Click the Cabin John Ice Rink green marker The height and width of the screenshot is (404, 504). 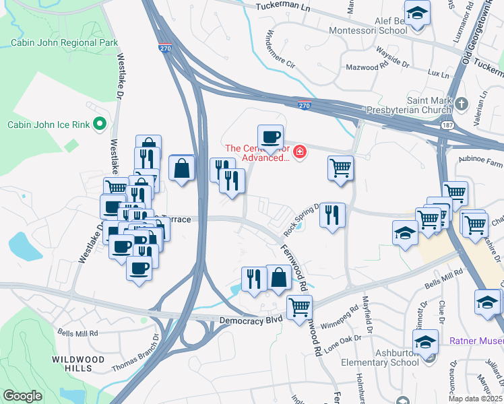[x=100, y=123]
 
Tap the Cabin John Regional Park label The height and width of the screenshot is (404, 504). [x=64, y=42]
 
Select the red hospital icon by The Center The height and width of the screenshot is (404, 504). [x=299, y=153]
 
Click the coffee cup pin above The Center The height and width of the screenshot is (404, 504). [x=270, y=137]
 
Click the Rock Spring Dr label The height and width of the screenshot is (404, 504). [x=300, y=220]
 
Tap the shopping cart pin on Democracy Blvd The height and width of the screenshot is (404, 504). [x=299, y=308]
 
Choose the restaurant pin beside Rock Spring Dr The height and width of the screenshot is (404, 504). [x=332, y=215]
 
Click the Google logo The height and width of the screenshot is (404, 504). [x=22, y=395]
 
